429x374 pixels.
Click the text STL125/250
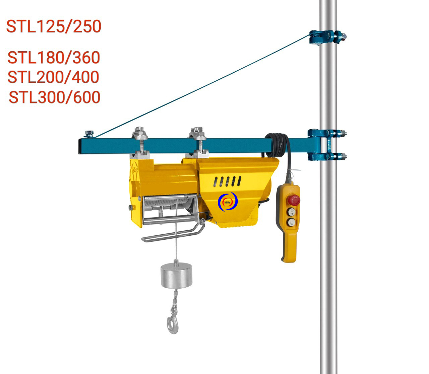54,26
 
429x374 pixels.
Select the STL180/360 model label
54,58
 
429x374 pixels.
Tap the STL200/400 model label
53,77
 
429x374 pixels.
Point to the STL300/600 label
54,97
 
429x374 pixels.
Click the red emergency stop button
294,200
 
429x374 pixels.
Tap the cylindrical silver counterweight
176,275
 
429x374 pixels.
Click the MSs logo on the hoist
228,202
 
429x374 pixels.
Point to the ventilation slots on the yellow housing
227,182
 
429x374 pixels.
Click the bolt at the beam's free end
89,134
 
